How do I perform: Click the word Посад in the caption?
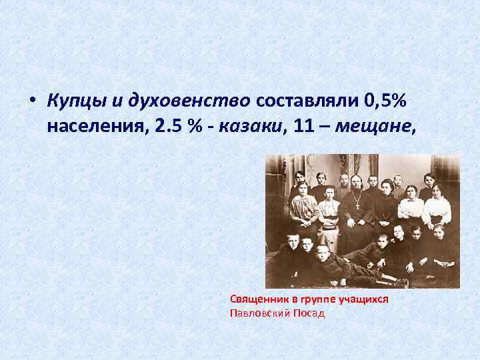pyautogui.click(x=309, y=313)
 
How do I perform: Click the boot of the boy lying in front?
pyautogui.click(x=400, y=283)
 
